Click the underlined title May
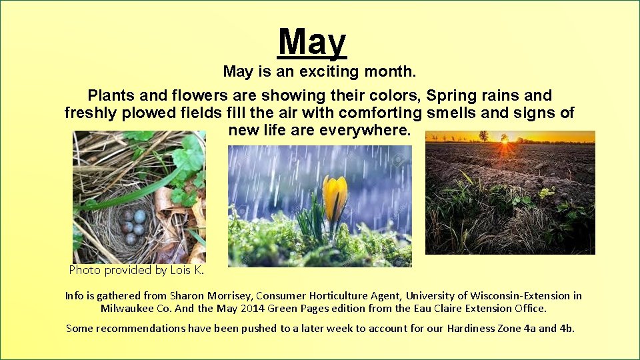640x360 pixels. [x=313, y=41]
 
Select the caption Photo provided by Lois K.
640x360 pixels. [x=136, y=270]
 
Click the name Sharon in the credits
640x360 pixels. [x=189, y=295]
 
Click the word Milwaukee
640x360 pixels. [x=128, y=309]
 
